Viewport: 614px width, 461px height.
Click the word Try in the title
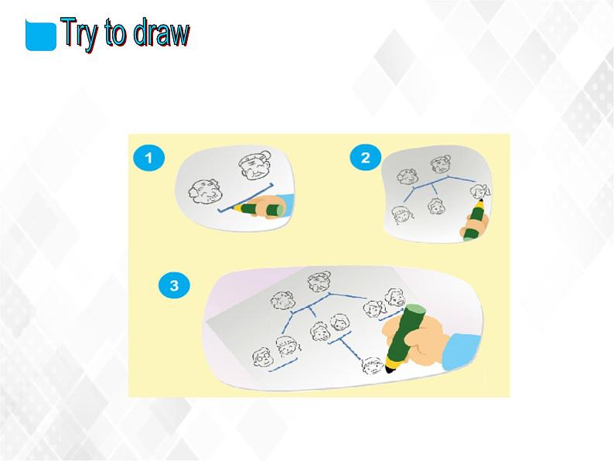[80, 33]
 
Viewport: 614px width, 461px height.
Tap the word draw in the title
[162, 32]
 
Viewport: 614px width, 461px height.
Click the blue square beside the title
[41, 36]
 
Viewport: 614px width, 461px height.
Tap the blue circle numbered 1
[148, 158]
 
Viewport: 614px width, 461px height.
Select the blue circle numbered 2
[365, 158]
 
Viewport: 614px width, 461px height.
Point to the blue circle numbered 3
[174, 285]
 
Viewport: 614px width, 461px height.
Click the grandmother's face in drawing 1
[255, 164]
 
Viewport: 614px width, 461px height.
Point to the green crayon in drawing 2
[475, 220]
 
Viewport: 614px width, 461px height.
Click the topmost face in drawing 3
[319, 282]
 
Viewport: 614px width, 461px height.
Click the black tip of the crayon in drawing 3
[390, 368]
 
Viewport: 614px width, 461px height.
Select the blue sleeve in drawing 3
[462, 351]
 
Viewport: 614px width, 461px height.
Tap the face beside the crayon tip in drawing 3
[373, 366]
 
